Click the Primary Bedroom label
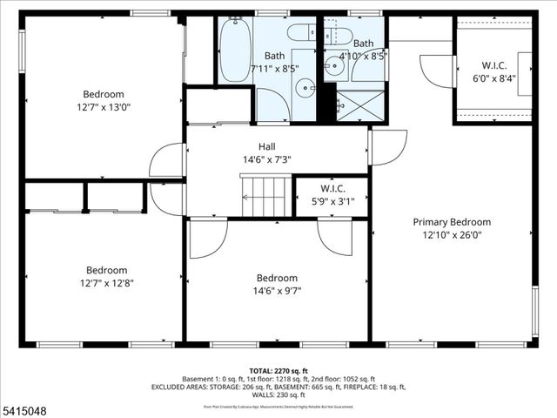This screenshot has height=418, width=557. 452,222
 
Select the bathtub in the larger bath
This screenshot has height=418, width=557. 235,51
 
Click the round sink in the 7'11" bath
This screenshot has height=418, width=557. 305,88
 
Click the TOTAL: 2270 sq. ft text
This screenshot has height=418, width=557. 278,370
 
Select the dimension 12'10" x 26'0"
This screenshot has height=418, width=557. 452,234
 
